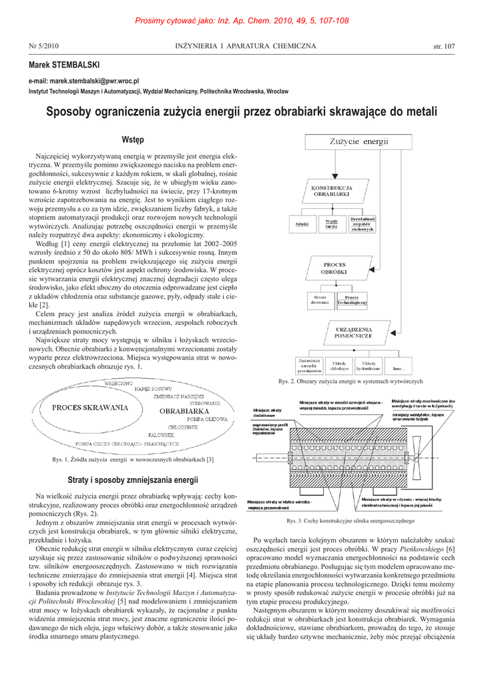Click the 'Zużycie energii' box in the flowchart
[357, 141]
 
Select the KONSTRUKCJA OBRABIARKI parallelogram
[332, 189]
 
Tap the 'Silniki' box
[302, 224]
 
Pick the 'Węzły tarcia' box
[331, 224]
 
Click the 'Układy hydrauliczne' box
[368, 366]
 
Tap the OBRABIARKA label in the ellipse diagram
[185, 412]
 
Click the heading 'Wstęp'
[133, 139]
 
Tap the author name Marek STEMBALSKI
[64, 65]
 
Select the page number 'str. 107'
[444, 46]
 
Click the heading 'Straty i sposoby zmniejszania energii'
[133, 480]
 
